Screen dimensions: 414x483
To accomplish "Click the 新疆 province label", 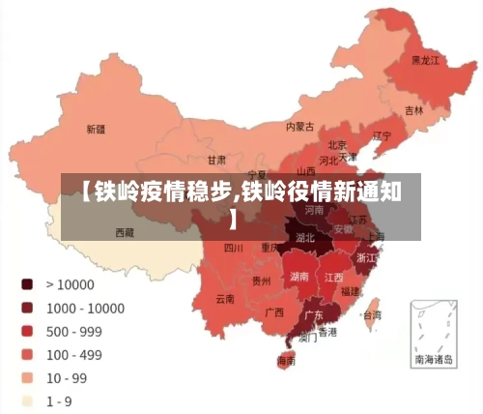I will (x=96, y=129).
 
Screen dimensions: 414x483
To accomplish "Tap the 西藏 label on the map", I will (x=126, y=232).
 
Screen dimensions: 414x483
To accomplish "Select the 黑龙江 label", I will (x=425, y=60).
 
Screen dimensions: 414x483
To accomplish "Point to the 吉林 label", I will (x=413, y=110).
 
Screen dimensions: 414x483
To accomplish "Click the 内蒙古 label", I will (x=300, y=126).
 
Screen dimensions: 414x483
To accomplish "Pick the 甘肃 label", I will (x=216, y=160).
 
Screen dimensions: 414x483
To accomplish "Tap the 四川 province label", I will (x=234, y=248).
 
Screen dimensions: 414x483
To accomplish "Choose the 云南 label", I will (x=225, y=298).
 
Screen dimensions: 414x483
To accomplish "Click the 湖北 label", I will (x=305, y=237).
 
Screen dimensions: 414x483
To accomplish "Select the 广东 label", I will (x=314, y=314).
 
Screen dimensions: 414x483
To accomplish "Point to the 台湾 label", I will (x=370, y=314).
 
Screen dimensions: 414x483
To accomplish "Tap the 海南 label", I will (x=287, y=360).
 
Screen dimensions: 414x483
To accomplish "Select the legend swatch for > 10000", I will (x=27, y=284).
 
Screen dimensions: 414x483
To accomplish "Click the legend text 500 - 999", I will (x=74, y=331).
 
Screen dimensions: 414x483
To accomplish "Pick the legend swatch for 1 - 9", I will (x=27, y=400).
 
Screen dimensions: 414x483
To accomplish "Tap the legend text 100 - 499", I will (x=74, y=354).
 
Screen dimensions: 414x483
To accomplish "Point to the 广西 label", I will (x=273, y=312).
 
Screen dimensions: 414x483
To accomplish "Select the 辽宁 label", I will (x=383, y=136).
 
